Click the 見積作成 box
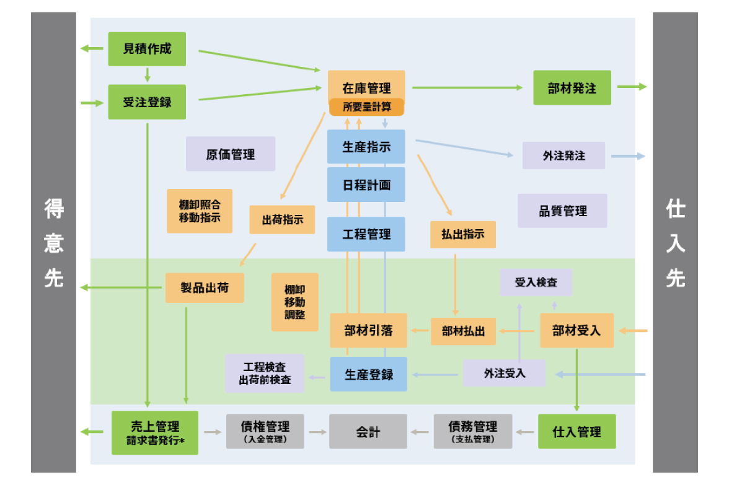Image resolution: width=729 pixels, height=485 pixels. pyautogui.click(x=147, y=49)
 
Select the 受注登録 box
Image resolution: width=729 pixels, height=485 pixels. pyautogui.click(x=147, y=102)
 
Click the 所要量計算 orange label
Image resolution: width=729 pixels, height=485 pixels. pyautogui.click(x=366, y=107)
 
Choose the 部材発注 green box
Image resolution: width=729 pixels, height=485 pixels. pyautogui.click(x=572, y=88)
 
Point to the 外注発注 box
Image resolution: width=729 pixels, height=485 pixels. pyautogui.click(x=563, y=155)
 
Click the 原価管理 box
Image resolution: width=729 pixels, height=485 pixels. pyautogui.click(x=231, y=154)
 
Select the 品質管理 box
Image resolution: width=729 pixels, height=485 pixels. pyautogui.click(x=562, y=211)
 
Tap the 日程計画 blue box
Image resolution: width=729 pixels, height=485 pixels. pyautogui.click(x=366, y=185)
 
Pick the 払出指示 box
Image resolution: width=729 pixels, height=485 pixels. pyautogui.click(x=463, y=235)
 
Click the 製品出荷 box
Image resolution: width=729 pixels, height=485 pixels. pyautogui.click(x=204, y=288)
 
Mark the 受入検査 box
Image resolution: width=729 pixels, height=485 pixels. pyautogui.click(x=536, y=282)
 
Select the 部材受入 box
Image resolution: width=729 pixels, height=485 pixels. pyautogui.click(x=577, y=331)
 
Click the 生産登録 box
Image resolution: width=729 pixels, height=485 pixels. pyautogui.click(x=368, y=374)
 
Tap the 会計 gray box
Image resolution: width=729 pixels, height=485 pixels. pyautogui.click(x=368, y=432)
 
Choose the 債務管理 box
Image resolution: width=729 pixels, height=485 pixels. pyautogui.click(x=473, y=432)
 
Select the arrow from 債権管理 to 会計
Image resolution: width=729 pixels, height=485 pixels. pyautogui.click(x=317, y=432)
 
